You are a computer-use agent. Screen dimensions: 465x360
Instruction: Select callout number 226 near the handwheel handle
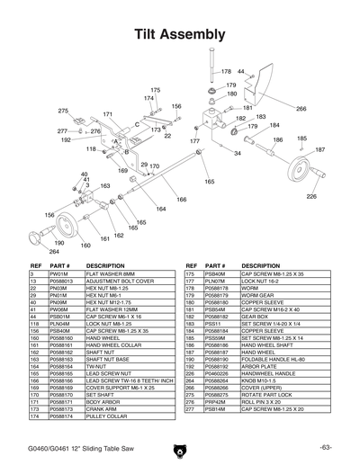[x=311, y=195]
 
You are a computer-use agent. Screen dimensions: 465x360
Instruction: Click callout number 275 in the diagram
[x=63, y=111]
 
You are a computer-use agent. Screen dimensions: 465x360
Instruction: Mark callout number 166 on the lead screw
[x=181, y=200]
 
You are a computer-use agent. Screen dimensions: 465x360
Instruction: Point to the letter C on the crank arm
[x=137, y=123]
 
